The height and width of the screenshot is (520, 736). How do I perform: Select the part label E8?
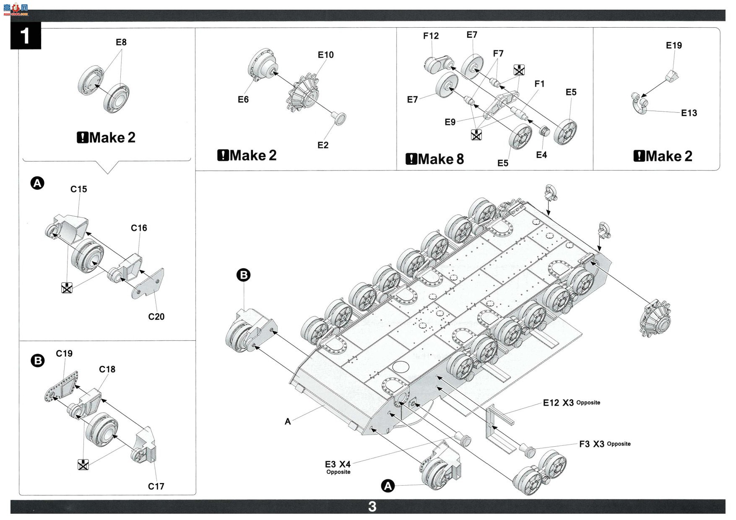pos(121,42)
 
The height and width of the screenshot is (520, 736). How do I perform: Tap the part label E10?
pos(326,55)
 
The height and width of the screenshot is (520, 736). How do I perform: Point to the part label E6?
pos(243,99)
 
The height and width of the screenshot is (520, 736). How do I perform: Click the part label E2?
pos(323,145)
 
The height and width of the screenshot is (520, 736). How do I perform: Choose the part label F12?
pos(431,36)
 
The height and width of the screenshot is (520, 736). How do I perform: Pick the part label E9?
pos(450,122)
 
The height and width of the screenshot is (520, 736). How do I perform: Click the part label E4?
pos(541,155)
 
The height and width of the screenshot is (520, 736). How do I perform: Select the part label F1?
pos(539,84)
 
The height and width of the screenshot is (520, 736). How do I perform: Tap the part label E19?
pos(674,45)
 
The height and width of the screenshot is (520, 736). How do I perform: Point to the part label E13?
pos(689,113)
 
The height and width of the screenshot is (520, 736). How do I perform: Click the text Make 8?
pos(441,159)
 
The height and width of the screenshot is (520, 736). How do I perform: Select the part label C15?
pos(79,189)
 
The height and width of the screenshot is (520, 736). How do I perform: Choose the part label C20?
pos(156,317)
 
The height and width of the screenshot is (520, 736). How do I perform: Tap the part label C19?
pos(64,354)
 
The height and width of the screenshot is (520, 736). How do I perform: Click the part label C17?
pos(156,486)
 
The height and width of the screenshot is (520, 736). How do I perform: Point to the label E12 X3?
pos(558,403)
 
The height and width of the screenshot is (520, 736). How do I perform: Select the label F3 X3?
pos(592,444)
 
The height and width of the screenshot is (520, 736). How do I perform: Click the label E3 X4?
pos(338,464)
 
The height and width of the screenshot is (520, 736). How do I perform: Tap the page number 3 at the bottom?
pos(372,507)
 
